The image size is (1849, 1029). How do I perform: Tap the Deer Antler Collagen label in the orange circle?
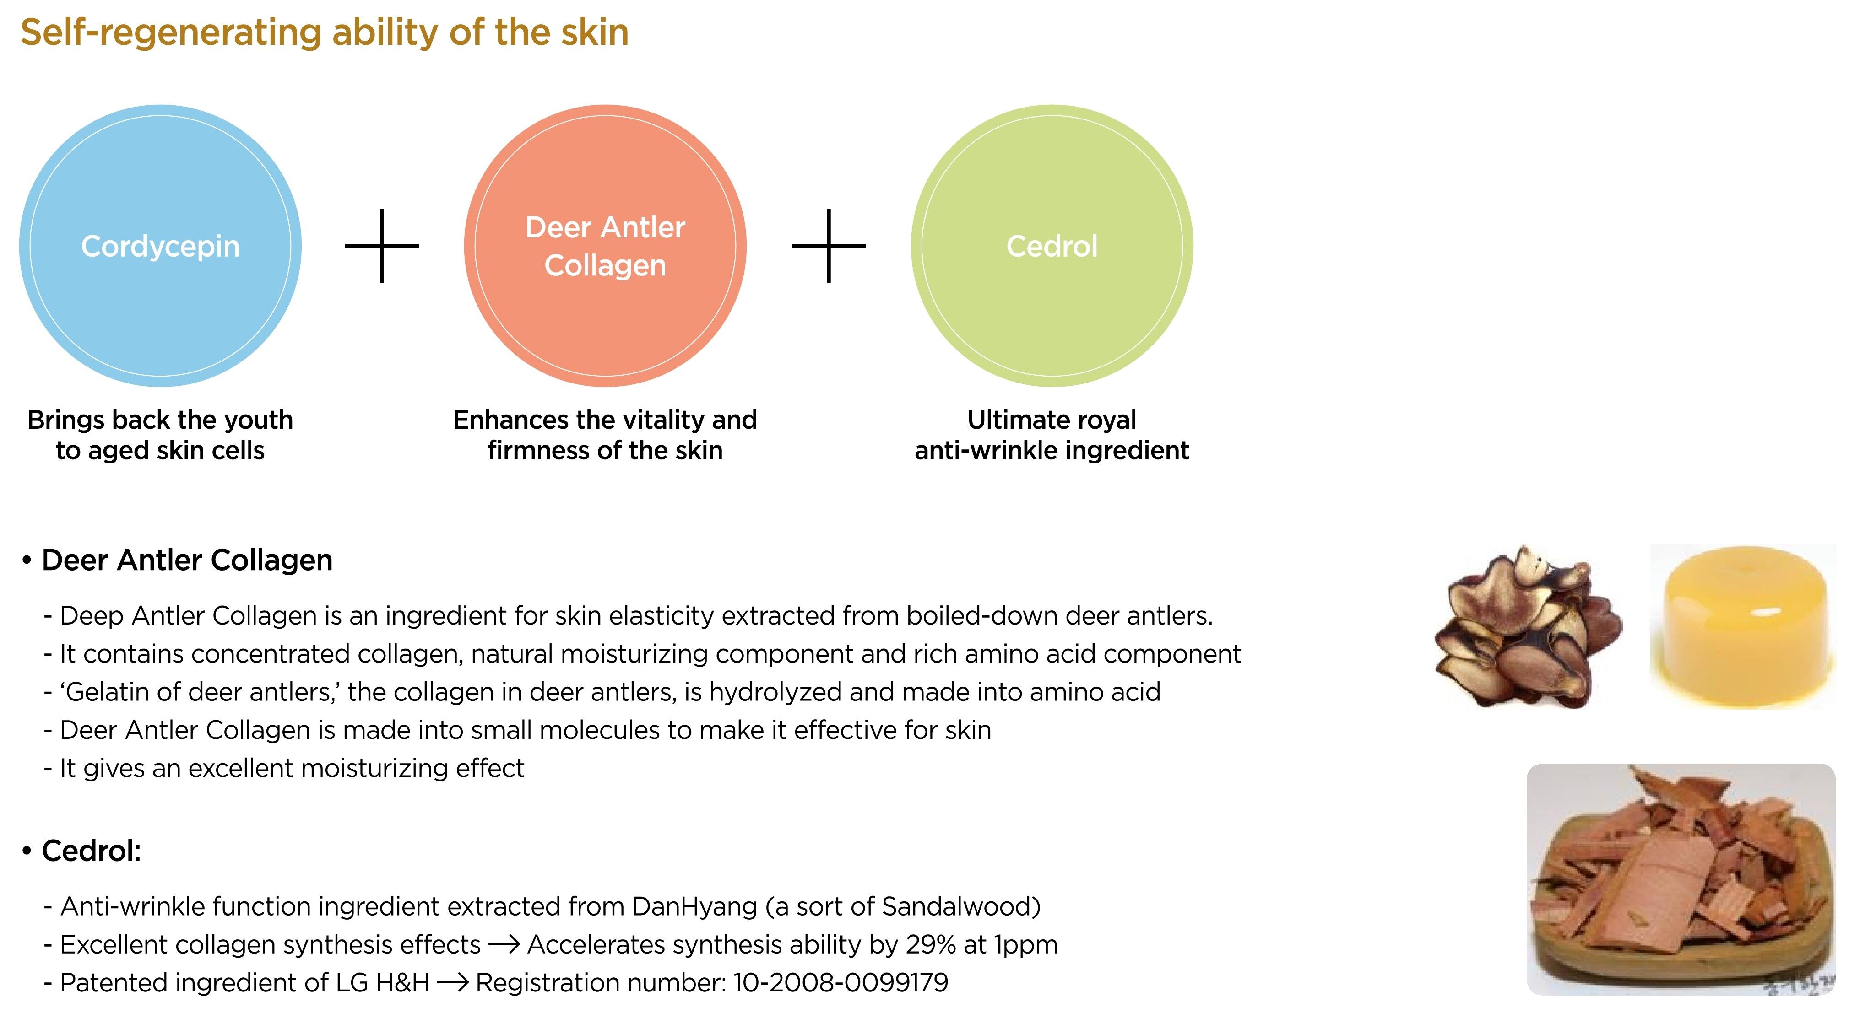pos(605,246)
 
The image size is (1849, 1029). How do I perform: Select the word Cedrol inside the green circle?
pos(1052,246)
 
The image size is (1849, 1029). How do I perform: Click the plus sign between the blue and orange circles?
pos(382,245)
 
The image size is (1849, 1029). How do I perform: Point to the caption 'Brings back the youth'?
pos(160,420)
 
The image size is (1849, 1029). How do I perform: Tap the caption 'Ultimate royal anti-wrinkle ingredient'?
pos(1052,435)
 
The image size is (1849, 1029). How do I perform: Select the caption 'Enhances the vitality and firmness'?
pos(605,435)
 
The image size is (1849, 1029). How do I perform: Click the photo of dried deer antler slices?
pos(1528,626)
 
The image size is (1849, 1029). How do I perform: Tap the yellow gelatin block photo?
pos(1743,626)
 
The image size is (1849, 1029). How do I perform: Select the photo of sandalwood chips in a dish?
pos(1681,879)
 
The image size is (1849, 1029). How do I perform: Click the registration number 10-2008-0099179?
pos(840,982)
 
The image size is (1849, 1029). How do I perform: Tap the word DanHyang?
pos(694,907)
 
